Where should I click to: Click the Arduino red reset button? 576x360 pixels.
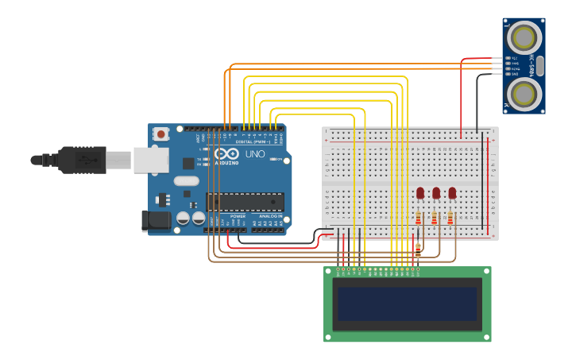tap(161, 134)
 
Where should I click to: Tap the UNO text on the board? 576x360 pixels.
tap(255, 154)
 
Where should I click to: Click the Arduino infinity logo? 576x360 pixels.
tap(226, 154)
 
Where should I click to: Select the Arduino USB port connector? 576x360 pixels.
tap(150, 160)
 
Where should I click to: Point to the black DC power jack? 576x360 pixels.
tap(156, 221)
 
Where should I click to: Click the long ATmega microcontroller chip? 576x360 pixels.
tap(245, 203)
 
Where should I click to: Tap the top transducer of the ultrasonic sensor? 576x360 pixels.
tap(524, 37)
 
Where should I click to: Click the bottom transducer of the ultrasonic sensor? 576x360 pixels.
tap(524, 95)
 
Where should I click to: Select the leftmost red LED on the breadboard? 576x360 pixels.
tap(420, 193)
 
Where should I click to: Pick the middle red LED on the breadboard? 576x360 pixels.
tap(436, 193)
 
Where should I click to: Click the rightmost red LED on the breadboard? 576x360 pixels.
tap(452, 193)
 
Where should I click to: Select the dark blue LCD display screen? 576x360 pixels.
tap(407, 304)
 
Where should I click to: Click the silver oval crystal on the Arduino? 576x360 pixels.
tap(186, 181)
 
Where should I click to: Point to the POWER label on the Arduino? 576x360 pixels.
tap(238, 216)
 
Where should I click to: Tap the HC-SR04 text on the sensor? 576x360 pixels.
tap(508, 66)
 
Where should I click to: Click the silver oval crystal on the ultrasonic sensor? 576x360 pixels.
tap(540, 66)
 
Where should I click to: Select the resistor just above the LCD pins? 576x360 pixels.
tap(418, 250)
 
